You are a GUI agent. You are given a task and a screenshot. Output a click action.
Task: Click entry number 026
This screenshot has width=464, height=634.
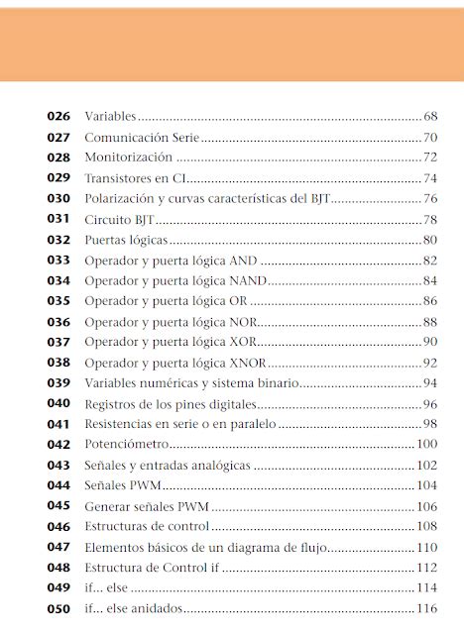coord(58,117)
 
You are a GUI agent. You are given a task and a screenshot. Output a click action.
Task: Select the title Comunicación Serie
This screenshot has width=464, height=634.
coord(143,138)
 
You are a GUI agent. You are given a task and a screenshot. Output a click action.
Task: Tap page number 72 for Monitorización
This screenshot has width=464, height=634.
coord(430,158)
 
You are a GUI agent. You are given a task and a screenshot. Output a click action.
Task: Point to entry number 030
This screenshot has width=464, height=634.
coord(58,199)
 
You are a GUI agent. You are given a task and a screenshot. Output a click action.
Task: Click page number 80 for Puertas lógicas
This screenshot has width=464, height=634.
coord(430,240)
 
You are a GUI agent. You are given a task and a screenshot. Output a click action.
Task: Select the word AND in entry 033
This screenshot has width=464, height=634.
coord(243,261)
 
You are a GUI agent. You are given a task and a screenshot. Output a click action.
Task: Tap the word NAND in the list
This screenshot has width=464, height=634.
coord(248,280)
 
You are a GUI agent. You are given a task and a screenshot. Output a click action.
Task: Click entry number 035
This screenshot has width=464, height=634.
coord(58,301)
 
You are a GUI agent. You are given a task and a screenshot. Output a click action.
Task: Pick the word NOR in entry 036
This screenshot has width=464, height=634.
coord(244,322)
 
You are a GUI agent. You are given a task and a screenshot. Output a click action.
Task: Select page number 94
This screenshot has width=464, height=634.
coord(430,383)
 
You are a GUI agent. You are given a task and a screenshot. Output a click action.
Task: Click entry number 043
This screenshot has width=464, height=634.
coord(58,465)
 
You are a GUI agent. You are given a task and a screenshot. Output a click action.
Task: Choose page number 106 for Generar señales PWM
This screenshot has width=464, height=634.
coord(427,506)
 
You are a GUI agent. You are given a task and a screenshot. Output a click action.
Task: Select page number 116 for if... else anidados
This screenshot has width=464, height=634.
coord(427,608)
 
